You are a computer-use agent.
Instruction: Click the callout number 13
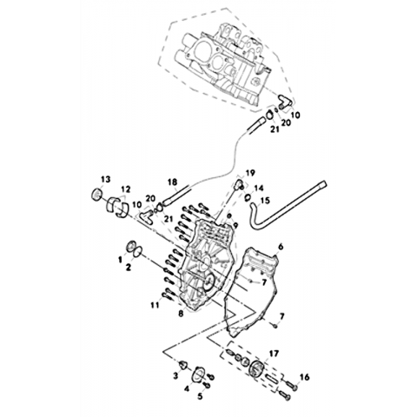(106, 179)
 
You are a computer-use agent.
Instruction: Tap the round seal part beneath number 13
(96, 194)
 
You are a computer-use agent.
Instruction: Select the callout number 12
(126, 189)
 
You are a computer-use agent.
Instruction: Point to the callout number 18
(172, 182)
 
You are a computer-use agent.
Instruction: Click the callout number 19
(250, 173)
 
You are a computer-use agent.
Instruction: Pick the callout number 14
(259, 189)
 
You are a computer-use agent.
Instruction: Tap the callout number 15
(265, 200)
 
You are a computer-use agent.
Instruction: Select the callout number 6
(281, 247)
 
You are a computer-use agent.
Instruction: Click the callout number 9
(235, 225)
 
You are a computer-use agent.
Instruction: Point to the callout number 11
(156, 305)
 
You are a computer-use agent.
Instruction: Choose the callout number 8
(181, 314)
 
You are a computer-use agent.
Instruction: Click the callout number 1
(120, 260)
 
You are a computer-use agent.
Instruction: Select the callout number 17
(274, 354)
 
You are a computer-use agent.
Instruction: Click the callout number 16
(305, 377)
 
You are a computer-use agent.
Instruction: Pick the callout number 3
(175, 376)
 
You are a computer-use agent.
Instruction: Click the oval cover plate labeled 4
(198, 374)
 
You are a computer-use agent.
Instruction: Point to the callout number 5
(200, 396)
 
